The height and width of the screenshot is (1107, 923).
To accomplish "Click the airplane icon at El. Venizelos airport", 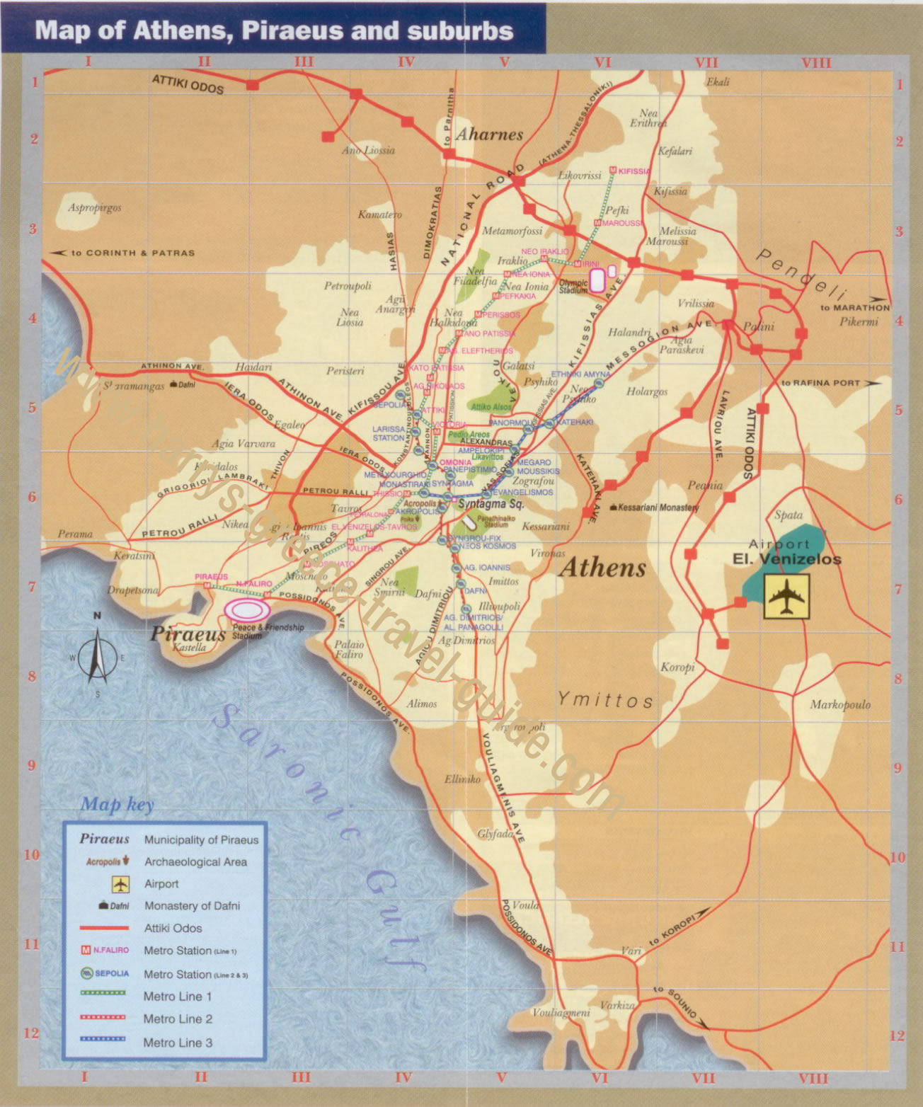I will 786,597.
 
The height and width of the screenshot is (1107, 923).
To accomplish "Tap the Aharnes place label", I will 489,134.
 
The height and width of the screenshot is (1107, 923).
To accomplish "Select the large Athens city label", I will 603,568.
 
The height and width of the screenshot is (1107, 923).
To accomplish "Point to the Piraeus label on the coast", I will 188,633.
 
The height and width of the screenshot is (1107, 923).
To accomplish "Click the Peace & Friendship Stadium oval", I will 247,609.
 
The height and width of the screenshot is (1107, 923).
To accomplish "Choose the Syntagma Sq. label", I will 491,504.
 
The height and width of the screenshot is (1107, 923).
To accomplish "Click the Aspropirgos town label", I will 95,207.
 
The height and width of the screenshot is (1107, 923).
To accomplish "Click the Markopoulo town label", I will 840,704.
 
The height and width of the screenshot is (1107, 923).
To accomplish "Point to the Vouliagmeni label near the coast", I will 561,1012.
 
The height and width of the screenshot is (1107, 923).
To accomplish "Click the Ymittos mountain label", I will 605,700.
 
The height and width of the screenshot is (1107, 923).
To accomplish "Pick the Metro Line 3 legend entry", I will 178,1043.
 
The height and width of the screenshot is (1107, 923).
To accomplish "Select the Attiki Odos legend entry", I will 173,928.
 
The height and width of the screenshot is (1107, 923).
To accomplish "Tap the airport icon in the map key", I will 120,884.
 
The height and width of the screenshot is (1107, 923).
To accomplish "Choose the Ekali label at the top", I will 718,82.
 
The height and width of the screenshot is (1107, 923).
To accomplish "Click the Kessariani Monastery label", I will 658,507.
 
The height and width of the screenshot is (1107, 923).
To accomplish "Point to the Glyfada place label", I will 495,834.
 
